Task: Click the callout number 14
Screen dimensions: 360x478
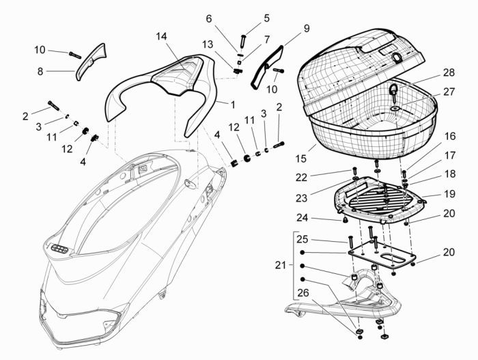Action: (x=160, y=36)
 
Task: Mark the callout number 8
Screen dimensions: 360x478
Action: (x=40, y=70)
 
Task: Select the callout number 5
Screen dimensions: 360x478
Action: (x=267, y=18)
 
